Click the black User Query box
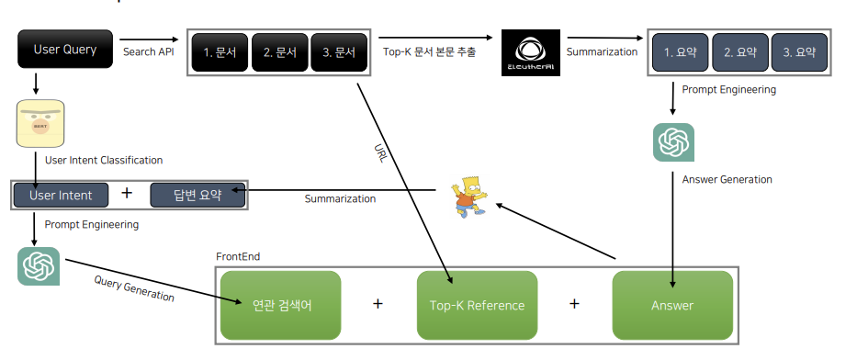point(64,50)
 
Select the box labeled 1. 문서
point(220,53)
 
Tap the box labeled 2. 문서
point(279,53)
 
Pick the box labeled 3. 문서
point(339,53)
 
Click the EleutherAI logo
point(530,55)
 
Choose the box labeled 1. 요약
point(680,53)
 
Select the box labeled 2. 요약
point(739,53)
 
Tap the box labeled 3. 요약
point(799,53)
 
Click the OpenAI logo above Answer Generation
point(673,142)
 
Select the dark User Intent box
point(61,195)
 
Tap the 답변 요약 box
point(197,195)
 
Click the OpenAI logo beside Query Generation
point(39,266)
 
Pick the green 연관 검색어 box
point(280,305)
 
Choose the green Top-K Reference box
point(477,305)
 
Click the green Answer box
point(672,305)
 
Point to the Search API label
point(148,52)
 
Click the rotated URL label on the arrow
point(381,153)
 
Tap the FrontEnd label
point(238,256)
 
